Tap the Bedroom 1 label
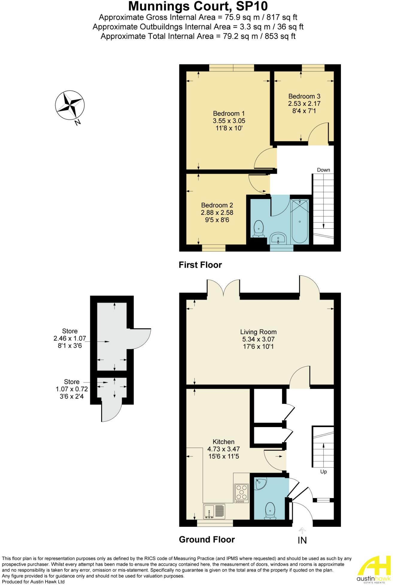tap(229, 114)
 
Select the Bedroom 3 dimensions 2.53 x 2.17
tap(304, 104)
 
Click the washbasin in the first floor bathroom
tap(278, 239)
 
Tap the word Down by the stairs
tap(323, 170)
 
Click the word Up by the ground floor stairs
tap(323, 472)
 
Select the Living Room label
tap(258, 332)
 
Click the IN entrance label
tap(302, 540)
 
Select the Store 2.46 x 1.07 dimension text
tap(70, 338)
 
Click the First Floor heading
tap(200, 265)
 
